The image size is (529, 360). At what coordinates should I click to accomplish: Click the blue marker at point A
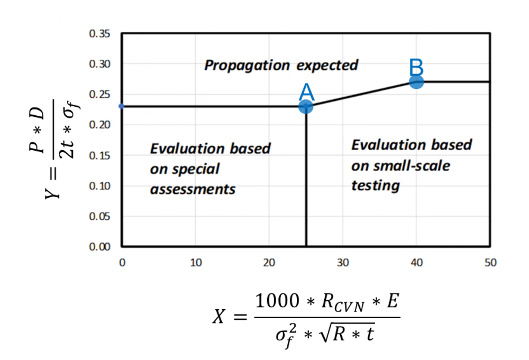[x=306, y=106]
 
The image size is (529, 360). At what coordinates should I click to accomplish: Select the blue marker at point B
[x=416, y=81]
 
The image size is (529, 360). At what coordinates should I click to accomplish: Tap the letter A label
[x=306, y=93]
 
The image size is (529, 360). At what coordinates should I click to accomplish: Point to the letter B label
[x=416, y=68]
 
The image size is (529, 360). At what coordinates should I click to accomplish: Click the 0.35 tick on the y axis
[x=100, y=34]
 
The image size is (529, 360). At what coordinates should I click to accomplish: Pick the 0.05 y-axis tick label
[x=100, y=216]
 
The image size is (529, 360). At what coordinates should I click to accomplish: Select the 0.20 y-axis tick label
[x=100, y=125]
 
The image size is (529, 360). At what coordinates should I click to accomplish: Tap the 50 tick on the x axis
[x=490, y=263]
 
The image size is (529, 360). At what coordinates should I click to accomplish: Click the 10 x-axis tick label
[x=196, y=263]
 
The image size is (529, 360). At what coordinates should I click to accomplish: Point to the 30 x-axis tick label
[x=343, y=263]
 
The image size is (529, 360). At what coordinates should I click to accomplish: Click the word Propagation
[x=247, y=66]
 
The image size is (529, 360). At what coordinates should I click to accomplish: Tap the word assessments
[x=193, y=189]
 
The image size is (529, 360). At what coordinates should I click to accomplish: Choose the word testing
[x=376, y=186]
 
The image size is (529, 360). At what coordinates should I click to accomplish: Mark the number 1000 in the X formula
[x=279, y=302]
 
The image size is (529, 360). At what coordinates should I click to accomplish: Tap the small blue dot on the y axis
[x=122, y=106]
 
